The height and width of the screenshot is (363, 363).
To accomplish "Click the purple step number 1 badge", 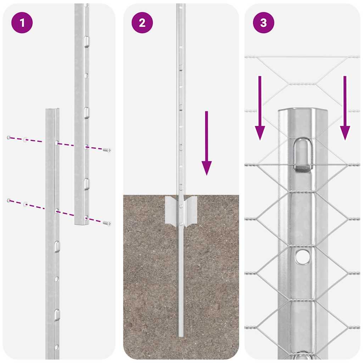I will click(x=22, y=23).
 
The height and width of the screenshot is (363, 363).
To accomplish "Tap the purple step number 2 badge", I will click(x=142, y=23).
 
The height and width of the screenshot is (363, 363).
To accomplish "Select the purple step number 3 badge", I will click(x=263, y=23).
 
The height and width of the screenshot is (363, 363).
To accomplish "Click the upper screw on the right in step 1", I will click(x=107, y=150).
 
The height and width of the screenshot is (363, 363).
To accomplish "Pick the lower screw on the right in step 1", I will click(x=107, y=223).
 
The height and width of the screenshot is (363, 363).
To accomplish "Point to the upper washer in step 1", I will click(x=25, y=140).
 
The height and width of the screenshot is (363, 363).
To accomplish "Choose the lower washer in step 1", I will click(x=25, y=204).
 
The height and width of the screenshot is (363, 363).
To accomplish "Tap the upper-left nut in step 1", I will click(x=9, y=137).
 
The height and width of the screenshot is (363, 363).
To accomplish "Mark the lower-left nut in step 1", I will click(x=9, y=201).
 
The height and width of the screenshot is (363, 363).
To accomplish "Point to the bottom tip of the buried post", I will click(x=181, y=335).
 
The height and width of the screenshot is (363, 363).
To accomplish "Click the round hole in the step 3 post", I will click(x=302, y=257).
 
